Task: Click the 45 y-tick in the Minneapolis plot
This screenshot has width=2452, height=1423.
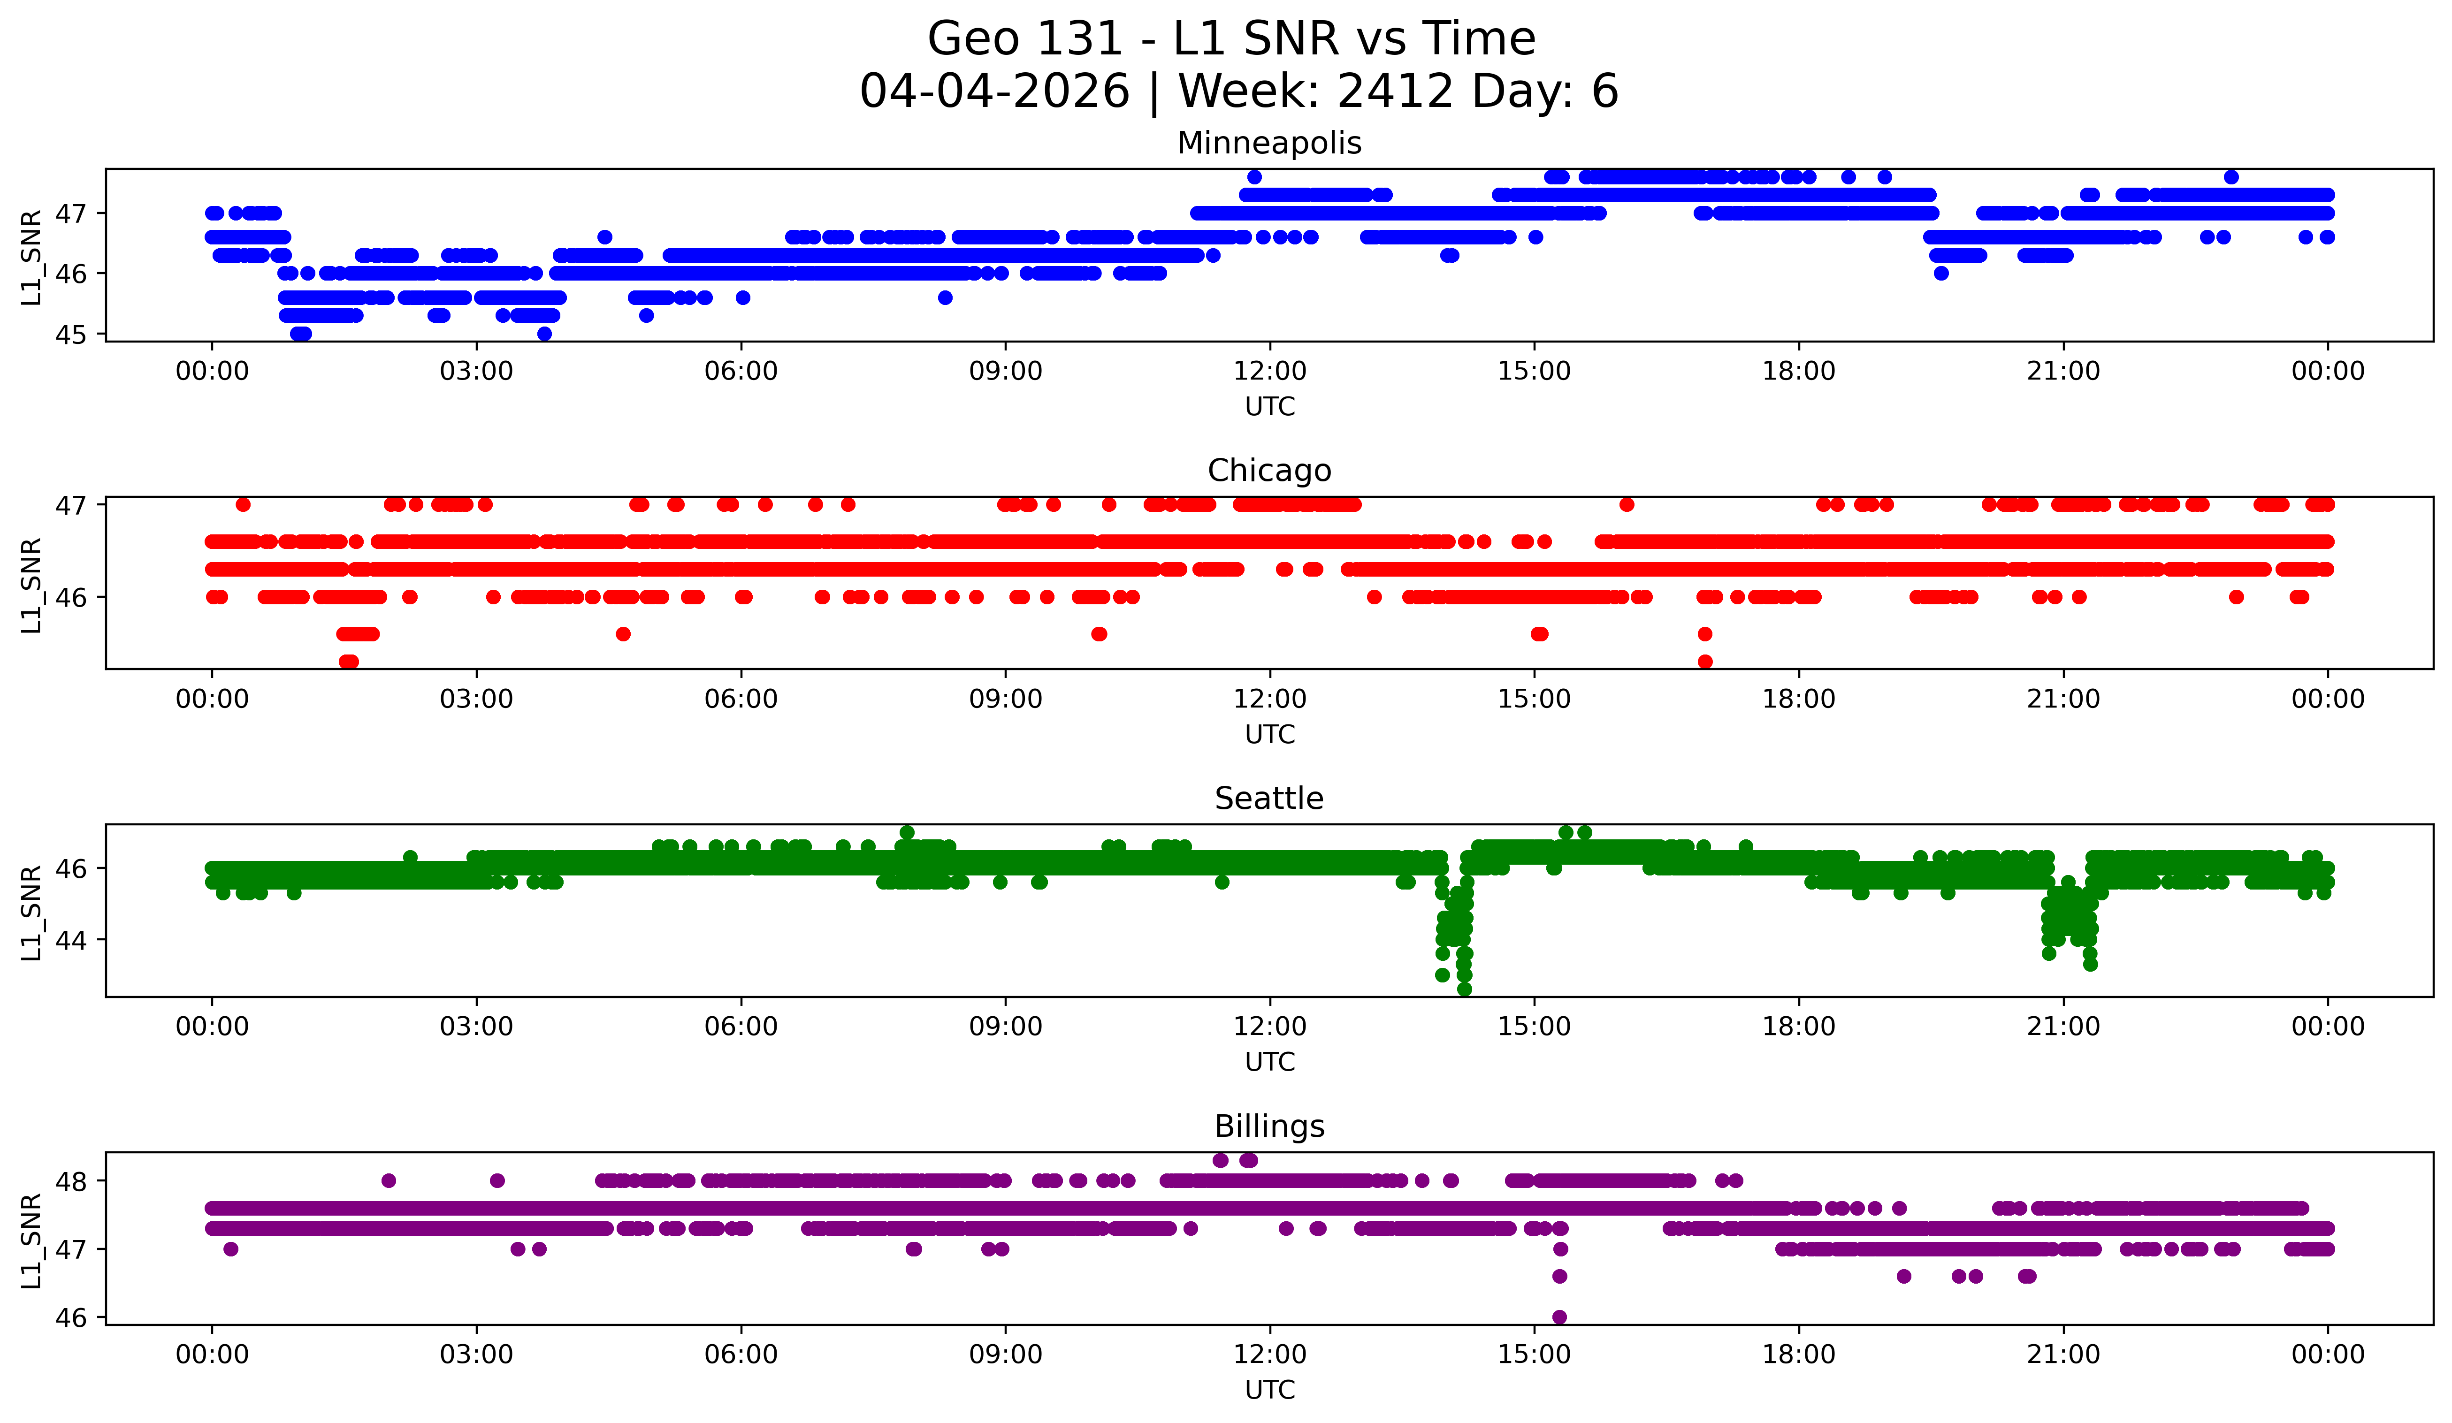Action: tap(70, 335)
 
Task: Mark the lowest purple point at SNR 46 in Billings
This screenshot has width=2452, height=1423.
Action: tap(1560, 1317)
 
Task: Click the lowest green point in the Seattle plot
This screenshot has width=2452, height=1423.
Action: tap(1464, 989)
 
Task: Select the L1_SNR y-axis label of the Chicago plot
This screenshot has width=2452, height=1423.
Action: tap(31, 586)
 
